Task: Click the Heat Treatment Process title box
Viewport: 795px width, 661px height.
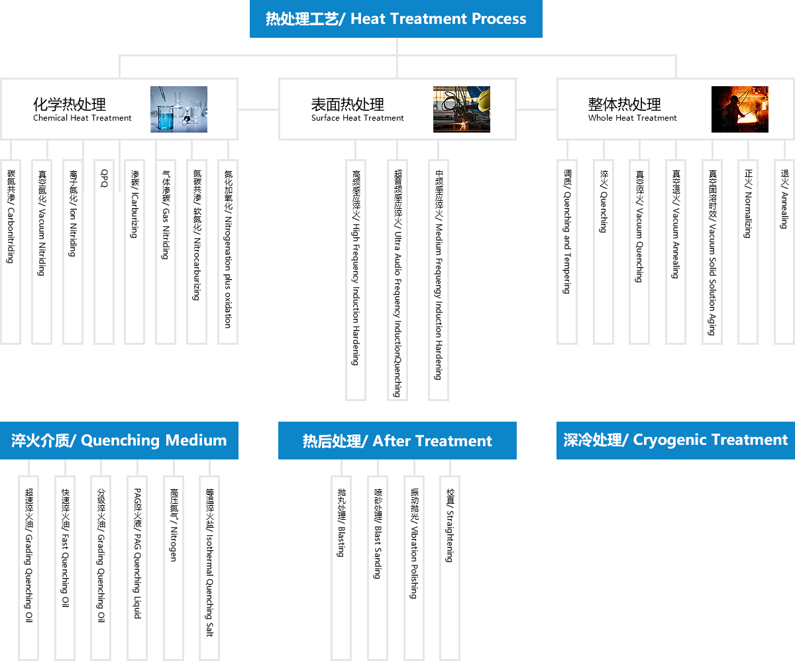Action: tap(396, 19)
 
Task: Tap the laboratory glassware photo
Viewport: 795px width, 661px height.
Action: tap(179, 109)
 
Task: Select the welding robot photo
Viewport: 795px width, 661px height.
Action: tap(462, 109)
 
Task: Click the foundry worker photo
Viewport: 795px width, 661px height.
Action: tap(740, 109)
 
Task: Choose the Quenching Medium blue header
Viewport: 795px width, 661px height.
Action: tap(119, 440)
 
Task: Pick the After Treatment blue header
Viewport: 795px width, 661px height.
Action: tap(397, 440)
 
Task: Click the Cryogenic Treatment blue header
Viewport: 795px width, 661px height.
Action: tap(675, 440)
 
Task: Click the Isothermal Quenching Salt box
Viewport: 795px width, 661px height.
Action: tap(209, 568)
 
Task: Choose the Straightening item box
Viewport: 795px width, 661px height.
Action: tap(449, 568)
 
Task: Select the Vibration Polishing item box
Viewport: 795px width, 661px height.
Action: tap(413, 568)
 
